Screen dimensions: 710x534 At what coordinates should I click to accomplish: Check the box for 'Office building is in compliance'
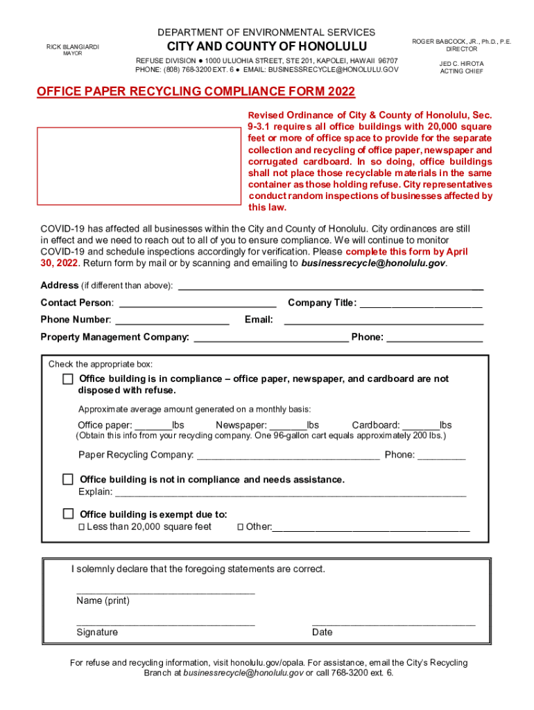click(67, 379)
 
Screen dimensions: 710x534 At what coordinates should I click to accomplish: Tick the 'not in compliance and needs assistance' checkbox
click(68, 479)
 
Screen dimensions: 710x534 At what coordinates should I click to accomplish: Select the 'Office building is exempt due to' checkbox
click(68, 514)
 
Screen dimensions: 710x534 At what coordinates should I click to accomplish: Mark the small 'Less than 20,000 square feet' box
click(81, 527)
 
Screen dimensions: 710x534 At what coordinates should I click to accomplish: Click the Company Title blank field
click(420, 303)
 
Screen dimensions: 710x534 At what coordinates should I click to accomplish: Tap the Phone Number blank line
click(172, 320)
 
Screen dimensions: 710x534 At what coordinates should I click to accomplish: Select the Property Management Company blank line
click(270, 338)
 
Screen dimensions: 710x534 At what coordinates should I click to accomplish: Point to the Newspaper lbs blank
click(288, 426)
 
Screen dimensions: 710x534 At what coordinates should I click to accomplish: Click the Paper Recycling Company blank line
click(288, 456)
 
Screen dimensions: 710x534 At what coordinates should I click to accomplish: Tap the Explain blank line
click(290, 492)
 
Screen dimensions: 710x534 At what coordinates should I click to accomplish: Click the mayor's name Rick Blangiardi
click(73, 46)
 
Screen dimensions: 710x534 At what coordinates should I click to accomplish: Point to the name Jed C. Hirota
click(461, 64)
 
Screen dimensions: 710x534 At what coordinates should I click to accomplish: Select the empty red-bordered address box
click(139, 166)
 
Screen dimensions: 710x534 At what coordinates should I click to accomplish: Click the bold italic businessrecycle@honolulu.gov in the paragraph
click(373, 263)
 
